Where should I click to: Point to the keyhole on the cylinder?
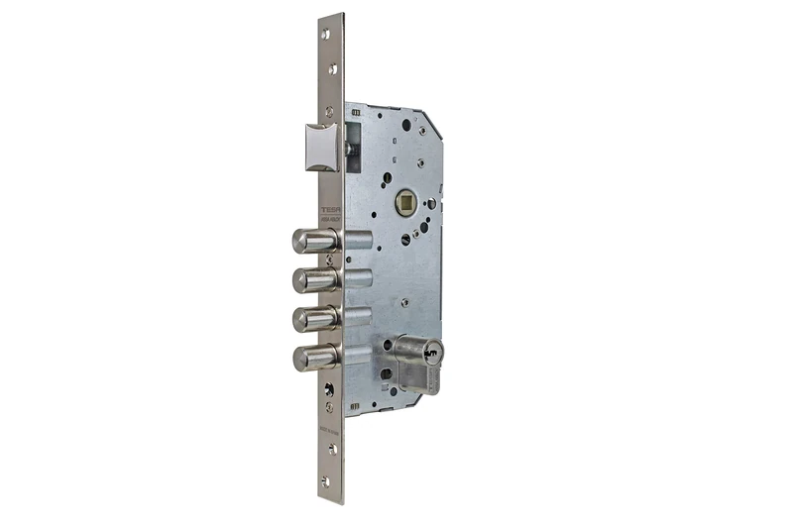point(434,350)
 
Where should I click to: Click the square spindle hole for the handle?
point(403,203)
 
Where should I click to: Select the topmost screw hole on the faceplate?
point(326,34)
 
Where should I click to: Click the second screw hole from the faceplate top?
point(330,68)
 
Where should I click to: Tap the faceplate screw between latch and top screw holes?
point(330,99)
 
